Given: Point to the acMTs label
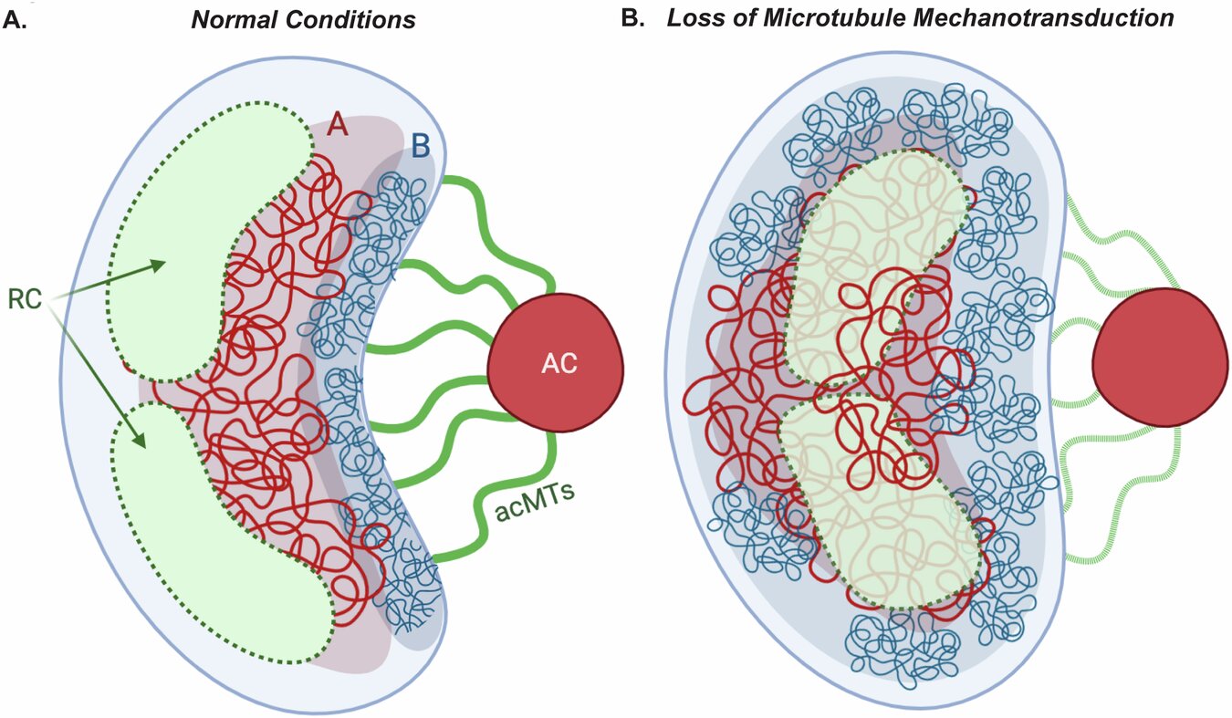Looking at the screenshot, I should coord(528,505).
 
